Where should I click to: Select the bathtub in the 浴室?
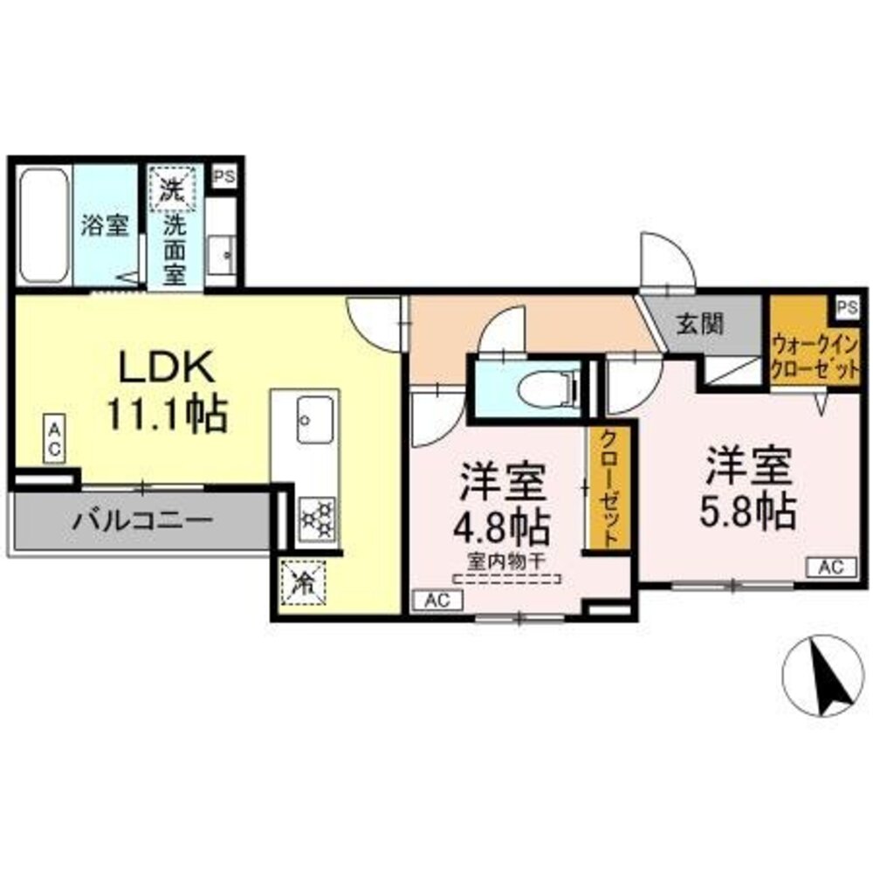click(43, 224)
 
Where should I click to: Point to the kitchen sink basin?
click(314, 419)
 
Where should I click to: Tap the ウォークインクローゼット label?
click(815, 356)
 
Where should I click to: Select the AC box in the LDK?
click(54, 439)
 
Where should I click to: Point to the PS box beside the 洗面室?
click(224, 174)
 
